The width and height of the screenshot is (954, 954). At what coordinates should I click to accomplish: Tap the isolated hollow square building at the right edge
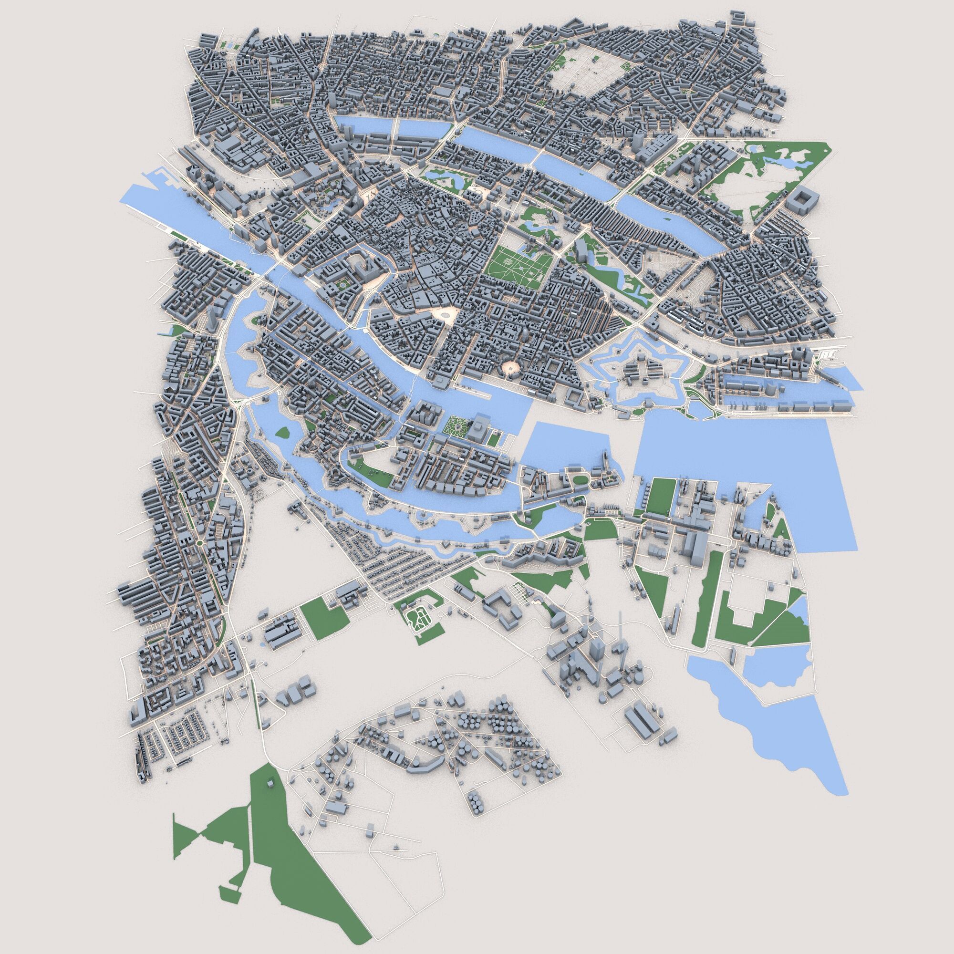801,201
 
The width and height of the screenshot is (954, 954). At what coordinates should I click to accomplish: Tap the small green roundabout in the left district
199,544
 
